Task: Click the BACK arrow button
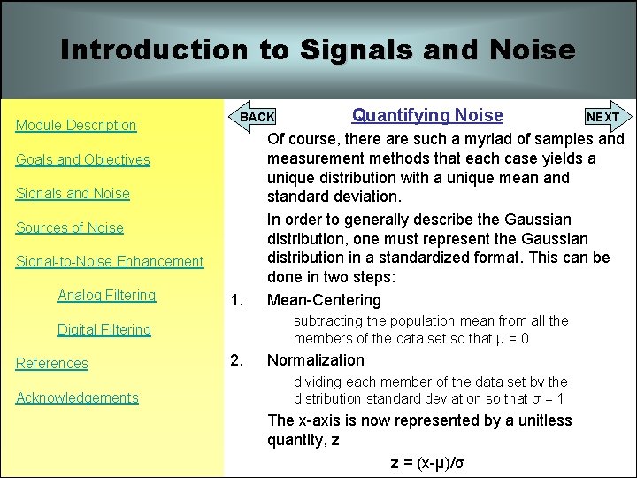[256, 117]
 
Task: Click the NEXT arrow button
[604, 117]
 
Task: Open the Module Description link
[76, 126]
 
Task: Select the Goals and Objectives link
[83, 160]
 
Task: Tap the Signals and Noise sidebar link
[73, 194]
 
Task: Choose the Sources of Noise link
[70, 227]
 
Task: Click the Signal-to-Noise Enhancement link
[110, 262]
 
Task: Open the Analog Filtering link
[106, 296]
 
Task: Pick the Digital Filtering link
[104, 330]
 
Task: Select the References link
[52, 364]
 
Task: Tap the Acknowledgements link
[77, 398]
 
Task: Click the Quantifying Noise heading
[427, 115]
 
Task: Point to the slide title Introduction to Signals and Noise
[318, 50]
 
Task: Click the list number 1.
[236, 299]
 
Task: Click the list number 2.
[236, 360]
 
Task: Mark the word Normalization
[316, 360]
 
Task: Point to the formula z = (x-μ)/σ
[428, 462]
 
